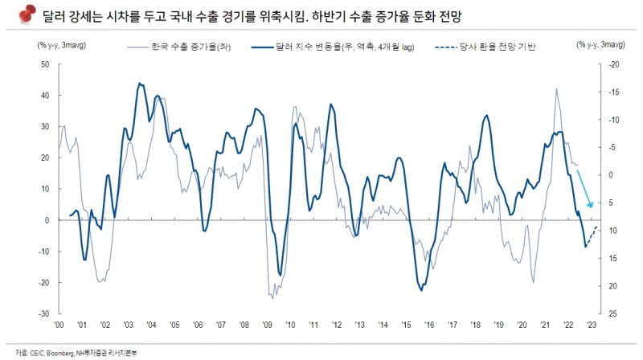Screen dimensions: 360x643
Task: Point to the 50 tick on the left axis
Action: pyautogui.click(x=45, y=63)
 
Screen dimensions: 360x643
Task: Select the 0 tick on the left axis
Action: pyautogui.click(x=47, y=219)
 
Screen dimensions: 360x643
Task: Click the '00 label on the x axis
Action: pyautogui.click(x=59, y=325)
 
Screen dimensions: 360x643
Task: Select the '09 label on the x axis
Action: pyautogui.click(x=268, y=325)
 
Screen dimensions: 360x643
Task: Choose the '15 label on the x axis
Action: pyautogui.click(x=407, y=325)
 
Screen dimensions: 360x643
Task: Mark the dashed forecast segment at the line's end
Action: pyautogui.click(x=592, y=235)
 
